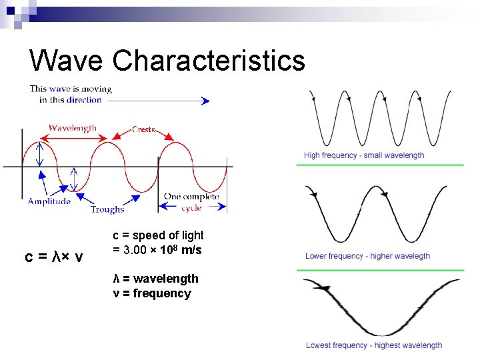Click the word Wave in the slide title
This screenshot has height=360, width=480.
tap(65, 60)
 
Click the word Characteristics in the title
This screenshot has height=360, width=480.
tap(209, 60)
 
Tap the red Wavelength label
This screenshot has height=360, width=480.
tap(72, 127)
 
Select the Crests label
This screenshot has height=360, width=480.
tap(144, 129)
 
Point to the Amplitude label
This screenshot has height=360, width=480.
tap(49, 201)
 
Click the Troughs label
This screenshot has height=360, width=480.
tap(107, 209)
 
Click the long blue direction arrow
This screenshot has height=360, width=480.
tap(158, 101)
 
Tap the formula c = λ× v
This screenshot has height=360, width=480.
tap(54, 257)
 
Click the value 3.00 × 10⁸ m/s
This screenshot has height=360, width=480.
tap(157, 250)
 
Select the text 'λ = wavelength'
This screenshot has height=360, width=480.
tap(155, 279)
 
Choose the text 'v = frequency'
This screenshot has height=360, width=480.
tap(151, 293)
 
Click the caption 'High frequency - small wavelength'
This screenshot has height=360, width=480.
tap(364, 155)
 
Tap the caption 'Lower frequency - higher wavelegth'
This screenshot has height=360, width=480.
tap(367, 256)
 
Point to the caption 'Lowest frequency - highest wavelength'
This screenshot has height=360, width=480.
tap(374, 345)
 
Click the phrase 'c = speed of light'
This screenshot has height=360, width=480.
tap(158, 235)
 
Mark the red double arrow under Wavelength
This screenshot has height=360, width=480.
tap(75, 138)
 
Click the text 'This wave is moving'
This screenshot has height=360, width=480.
tap(71, 89)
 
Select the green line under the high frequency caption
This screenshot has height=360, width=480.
tap(383, 165)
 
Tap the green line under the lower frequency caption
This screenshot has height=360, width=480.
tap(383, 270)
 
